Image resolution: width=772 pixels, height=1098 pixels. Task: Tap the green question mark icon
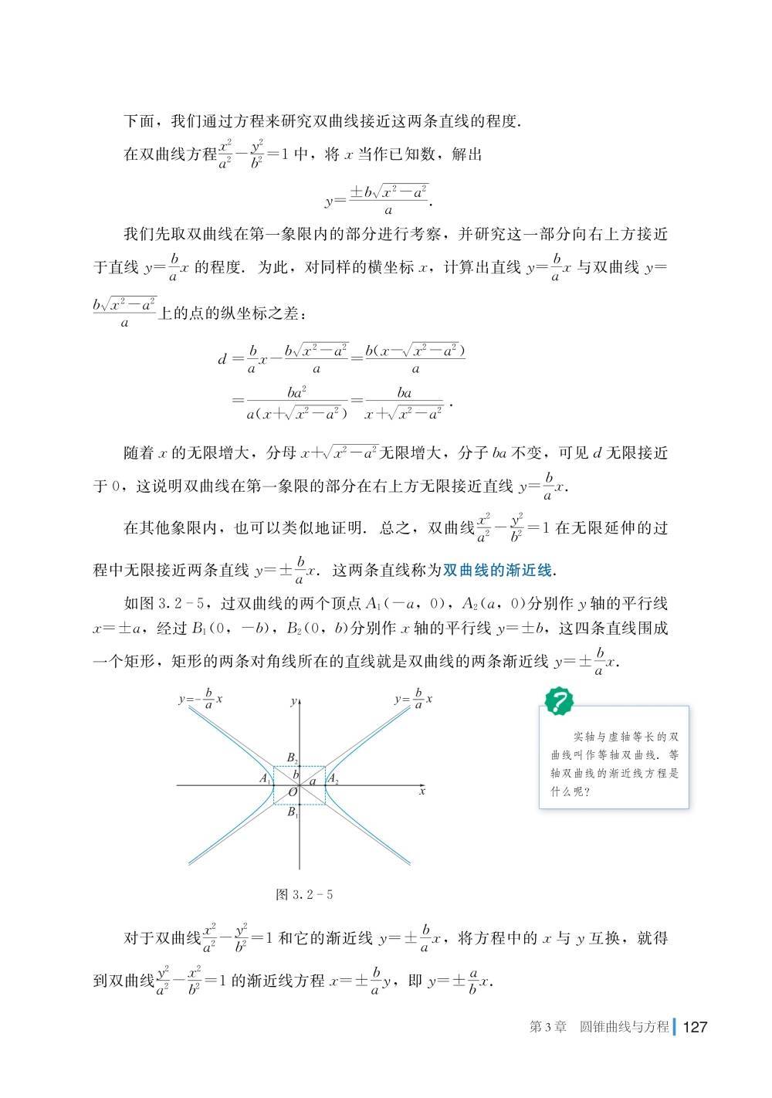[x=559, y=701]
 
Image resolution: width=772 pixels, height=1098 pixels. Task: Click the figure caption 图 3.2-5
[x=304, y=895]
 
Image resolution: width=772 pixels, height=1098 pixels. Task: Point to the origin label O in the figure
[x=293, y=793]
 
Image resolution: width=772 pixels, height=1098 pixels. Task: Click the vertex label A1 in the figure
[x=265, y=778]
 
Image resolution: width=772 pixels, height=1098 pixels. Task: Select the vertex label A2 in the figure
[x=334, y=779]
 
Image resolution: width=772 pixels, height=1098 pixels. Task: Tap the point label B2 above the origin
[x=292, y=757]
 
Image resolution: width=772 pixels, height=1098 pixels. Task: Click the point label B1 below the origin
[x=292, y=812]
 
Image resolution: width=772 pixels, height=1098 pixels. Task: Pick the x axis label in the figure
[x=422, y=791]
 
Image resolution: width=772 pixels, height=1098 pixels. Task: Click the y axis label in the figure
[x=293, y=701]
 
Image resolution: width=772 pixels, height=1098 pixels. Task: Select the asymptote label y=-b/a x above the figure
[x=200, y=700]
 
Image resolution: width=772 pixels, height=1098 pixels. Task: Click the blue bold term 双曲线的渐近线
[x=498, y=571]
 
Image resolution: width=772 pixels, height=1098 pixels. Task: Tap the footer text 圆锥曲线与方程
[x=625, y=1027]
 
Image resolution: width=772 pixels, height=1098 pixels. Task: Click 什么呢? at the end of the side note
[x=571, y=791]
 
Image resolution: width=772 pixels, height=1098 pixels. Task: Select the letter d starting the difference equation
[x=222, y=359]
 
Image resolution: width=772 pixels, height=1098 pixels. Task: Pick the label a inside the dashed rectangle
[x=313, y=781]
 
